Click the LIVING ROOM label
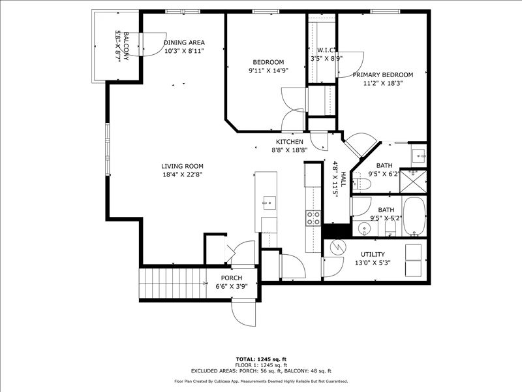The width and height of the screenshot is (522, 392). click(x=182, y=166)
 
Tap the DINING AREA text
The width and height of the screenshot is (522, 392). click(x=184, y=42)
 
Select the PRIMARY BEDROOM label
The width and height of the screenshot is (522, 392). click(x=383, y=74)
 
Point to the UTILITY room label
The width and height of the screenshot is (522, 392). click(x=373, y=254)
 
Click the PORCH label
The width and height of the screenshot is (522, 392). click(x=232, y=278)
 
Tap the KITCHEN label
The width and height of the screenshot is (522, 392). click(x=289, y=142)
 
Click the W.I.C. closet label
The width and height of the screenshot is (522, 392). click(x=326, y=50)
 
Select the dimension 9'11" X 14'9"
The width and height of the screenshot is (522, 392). click(x=268, y=71)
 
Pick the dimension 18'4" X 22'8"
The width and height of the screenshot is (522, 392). click(x=182, y=174)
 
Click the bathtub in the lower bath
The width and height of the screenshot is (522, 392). click(x=414, y=216)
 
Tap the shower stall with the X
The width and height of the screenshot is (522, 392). click(x=413, y=182)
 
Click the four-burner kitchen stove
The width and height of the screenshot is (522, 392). click(x=313, y=218)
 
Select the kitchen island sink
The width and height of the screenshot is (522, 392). click(x=269, y=203)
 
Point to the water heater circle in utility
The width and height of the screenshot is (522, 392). click(x=338, y=248)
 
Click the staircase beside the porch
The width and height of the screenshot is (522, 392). click(x=173, y=284)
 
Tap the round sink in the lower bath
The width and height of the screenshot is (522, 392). click(x=365, y=229)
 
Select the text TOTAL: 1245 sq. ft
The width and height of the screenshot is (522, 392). click(x=261, y=359)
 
